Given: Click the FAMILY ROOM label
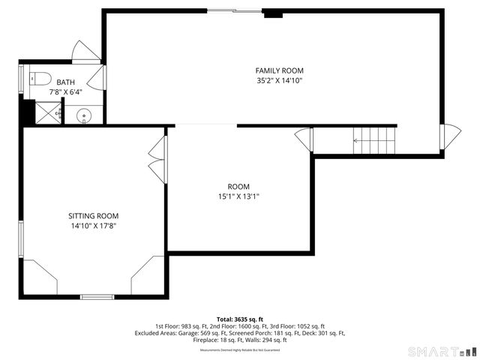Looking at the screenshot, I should click(x=279, y=70).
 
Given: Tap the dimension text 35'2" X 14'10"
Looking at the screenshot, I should click(x=279, y=80).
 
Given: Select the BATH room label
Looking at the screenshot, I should click(x=65, y=82).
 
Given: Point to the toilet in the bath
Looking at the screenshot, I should click(x=40, y=77).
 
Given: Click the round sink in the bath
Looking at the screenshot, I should click(x=84, y=115).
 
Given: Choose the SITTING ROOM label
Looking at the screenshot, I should click(x=93, y=215).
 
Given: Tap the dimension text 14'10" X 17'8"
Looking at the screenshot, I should click(x=93, y=225).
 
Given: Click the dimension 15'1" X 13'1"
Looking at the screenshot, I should click(x=238, y=196).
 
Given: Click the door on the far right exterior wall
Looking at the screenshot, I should click(x=450, y=136).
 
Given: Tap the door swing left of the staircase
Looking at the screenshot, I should click(x=303, y=139).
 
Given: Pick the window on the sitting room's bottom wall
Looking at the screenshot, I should click(x=97, y=297).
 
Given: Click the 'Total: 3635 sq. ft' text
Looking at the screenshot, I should click(x=239, y=319).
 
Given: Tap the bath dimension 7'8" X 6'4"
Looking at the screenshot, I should click(x=65, y=91).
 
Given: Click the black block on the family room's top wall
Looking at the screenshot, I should click(x=274, y=13).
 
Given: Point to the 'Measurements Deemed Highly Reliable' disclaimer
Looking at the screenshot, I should click(x=239, y=350).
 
